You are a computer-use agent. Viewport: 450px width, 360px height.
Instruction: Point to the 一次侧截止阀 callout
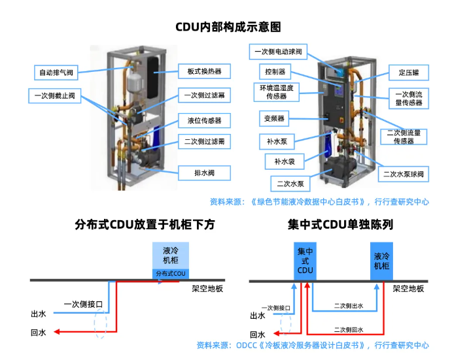point(55,96)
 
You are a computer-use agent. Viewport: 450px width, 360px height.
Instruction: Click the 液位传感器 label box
point(204,120)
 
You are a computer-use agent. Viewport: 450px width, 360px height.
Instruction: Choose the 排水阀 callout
point(204,173)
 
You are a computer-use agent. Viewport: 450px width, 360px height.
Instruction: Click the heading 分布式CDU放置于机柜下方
point(145,225)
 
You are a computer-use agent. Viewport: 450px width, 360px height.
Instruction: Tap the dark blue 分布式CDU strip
point(171,273)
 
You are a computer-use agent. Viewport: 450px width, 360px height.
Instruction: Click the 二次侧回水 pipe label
point(348,330)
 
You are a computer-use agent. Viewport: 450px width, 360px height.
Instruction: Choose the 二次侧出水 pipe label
point(348,306)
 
